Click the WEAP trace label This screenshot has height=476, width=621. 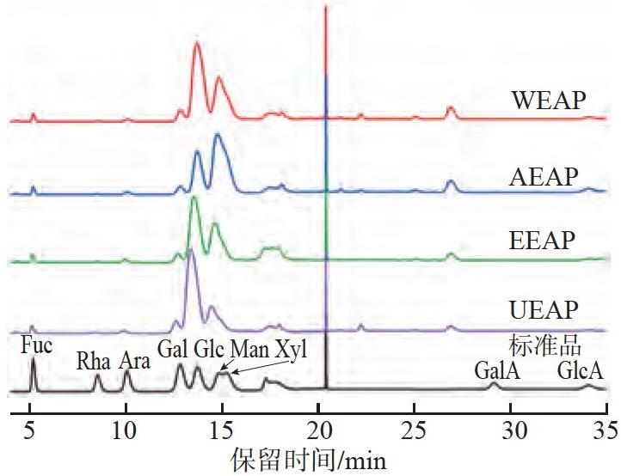pos(549,101)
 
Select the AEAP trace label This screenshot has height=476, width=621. pos(544,176)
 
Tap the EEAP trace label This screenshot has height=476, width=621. pos(542,240)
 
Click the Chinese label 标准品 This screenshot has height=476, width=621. pos(545,347)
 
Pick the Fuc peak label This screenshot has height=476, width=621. pos(36,345)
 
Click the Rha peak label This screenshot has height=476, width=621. pos(93,361)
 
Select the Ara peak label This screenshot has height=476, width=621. pos(135,361)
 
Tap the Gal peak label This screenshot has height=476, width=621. pos(174,350)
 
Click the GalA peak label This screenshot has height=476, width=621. pos(497,371)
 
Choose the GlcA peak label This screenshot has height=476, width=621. pos(581,371)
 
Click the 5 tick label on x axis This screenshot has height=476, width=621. pos(29,430)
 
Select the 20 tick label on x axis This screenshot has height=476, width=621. pos(319,430)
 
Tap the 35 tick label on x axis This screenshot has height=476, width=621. pos(606,430)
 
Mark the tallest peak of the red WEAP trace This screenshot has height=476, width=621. pos(197,42)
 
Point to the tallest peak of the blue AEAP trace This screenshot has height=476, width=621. pos(217,135)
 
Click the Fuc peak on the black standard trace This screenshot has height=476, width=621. pos(34,358)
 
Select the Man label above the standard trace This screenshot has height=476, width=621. pos(250,350)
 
